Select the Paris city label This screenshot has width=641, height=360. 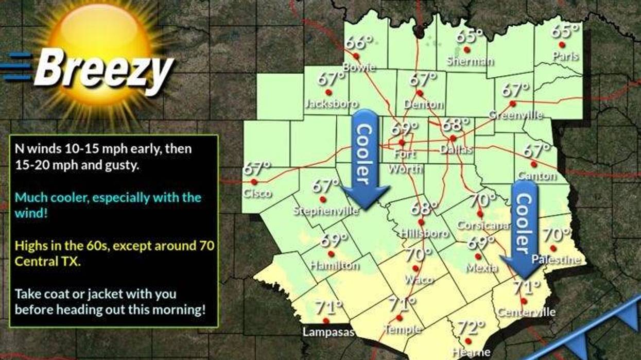pyautogui.click(x=565, y=56)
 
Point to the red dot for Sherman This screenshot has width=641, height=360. pyautogui.click(x=466, y=50)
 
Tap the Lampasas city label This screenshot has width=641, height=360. pyautogui.click(x=328, y=332)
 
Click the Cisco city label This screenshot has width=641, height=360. pyautogui.click(x=257, y=194)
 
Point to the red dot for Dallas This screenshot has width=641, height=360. pyautogui.click(x=453, y=139)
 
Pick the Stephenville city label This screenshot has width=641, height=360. pyautogui.click(x=326, y=211)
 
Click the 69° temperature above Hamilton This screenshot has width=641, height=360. pyautogui.click(x=334, y=240)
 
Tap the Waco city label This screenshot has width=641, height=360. pyautogui.click(x=419, y=280)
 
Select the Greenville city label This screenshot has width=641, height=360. pyautogui.click(x=515, y=115)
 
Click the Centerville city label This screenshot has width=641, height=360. pyautogui.click(x=527, y=312)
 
